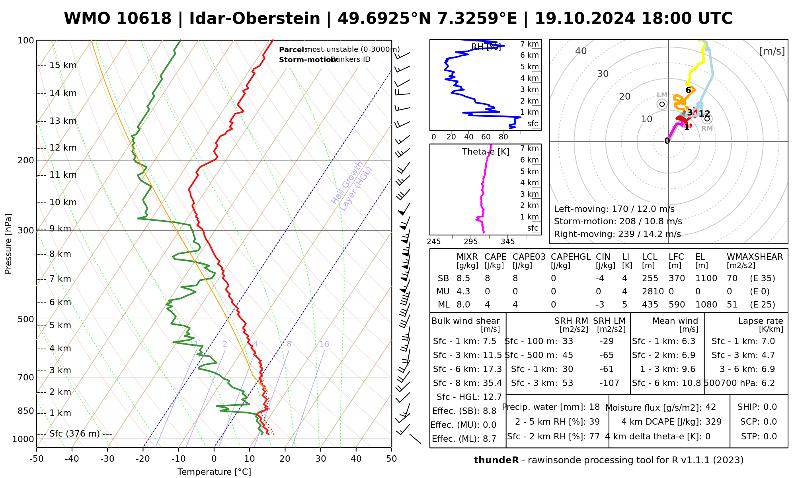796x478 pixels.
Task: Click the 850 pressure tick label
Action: [x=26, y=411]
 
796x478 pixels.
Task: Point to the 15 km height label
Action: [x=63, y=65]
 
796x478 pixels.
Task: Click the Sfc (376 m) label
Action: [x=74, y=433]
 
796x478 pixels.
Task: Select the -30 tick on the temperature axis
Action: [x=107, y=459]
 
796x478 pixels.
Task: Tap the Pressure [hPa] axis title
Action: [x=8, y=244]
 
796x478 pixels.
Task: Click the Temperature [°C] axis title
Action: [x=214, y=472]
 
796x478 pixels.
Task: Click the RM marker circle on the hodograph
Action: [x=707, y=118]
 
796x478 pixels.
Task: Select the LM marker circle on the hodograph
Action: [x=662, y=104]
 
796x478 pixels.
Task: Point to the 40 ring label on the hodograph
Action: [x=581, y=51]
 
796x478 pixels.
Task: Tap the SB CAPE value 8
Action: [x=487, y=278]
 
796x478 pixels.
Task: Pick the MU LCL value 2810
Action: [x=653, y=292]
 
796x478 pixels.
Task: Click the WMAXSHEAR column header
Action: [x=755, y=257]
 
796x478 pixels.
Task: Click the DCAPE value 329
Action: [x=713, y=422]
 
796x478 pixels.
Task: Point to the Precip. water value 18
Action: [x=594, y=407]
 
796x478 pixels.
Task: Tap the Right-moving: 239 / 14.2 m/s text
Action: [x=617, y=234]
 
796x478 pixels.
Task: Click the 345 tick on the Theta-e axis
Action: [x=507, y=242]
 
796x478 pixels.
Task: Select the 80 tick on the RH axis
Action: [x=503, y=137]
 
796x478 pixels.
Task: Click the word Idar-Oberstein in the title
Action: [x=255, y=19]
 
